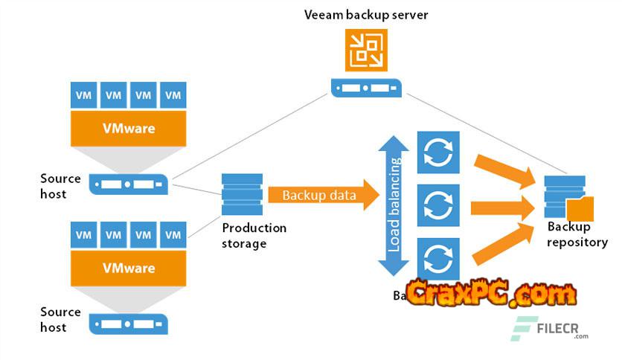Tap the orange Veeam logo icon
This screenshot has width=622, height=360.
(x=366, y=50)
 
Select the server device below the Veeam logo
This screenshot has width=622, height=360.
(x=366, y=88)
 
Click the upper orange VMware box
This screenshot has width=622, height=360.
(x=128, y=128)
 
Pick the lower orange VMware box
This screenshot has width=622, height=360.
(x=128, y=268)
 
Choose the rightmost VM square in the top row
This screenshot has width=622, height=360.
(x=173, y=95)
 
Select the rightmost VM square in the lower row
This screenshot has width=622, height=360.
(x=173, y=235)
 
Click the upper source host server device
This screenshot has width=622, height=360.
(x=128, y=184)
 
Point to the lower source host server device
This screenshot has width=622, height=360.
(x=128, y=324)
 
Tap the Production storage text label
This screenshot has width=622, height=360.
(x=254, y=236)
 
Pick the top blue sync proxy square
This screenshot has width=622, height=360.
(x=438, y=152)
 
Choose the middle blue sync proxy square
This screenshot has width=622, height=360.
(x=438, y=203)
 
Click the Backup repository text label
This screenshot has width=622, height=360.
(x=577, y=235)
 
